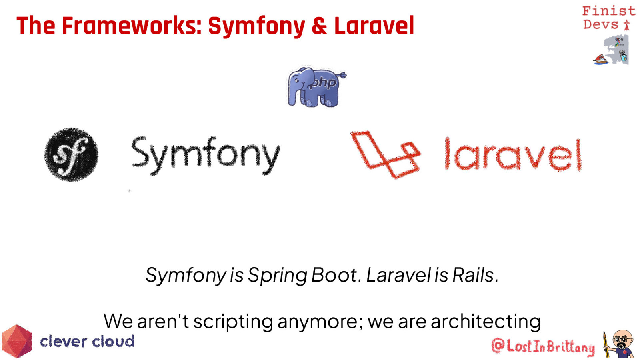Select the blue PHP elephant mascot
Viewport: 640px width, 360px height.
(316, 87)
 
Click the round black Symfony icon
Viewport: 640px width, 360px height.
(72, 154)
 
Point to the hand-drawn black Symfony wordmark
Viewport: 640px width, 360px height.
(206, 155)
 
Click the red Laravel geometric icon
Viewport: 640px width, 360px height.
(386, 154)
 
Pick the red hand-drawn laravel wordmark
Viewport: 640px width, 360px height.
(513, 154)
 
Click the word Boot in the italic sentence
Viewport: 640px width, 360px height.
(334, 275)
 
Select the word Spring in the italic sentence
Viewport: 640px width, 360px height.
(277, 276)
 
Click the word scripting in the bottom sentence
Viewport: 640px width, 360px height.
(233, 322)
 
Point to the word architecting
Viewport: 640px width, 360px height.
(486, 322)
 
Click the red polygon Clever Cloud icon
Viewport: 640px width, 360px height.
(17, 341)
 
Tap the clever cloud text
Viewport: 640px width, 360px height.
(87, 342)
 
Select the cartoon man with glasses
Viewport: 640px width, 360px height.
(620, 344)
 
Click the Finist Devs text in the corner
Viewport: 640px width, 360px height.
(608, 18)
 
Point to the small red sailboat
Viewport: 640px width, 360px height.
(601, 60)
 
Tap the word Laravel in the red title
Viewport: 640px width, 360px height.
(374, 26)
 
